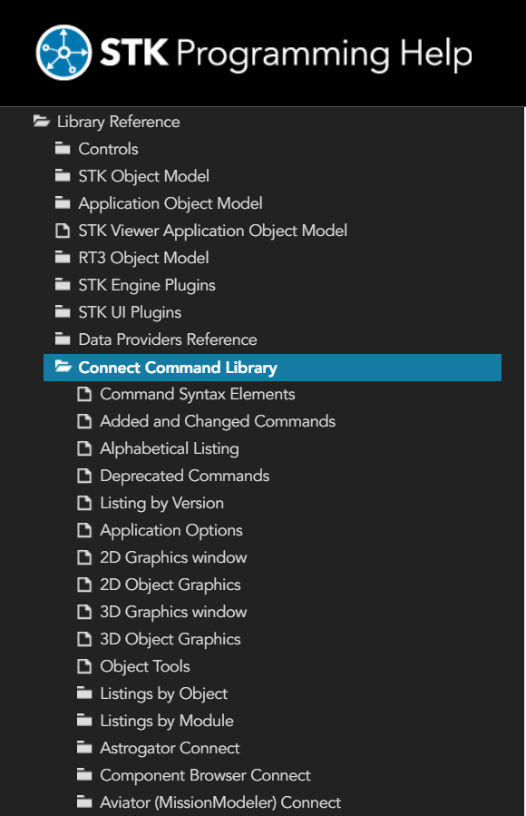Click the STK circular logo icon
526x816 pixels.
pyautogui.click(x=63, y=53)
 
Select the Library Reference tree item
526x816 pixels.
pyautogui.click(x=119, y=122)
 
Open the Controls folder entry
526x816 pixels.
pyautogui.click(x=108, y=149)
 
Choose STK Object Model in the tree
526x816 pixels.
pyautogui.click(x=143, y=176)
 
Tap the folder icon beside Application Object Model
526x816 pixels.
pyautogui.click(x=63, y=202)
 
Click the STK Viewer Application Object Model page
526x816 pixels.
pyautogui.click(x=212, y=231)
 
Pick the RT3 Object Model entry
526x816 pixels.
pyautogui.click(x=143, y=258)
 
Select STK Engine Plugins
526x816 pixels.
pyautogui.click(x=147, y=285)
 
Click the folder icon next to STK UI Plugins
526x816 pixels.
pyautogui.click(x=63, y=311)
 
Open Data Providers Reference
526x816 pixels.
pyautogui.click(x=168, y=339)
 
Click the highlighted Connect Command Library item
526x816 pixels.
pyautogui.click(x=178, y=368)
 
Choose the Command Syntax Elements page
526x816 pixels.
pyautogui.click(x=198, y=394)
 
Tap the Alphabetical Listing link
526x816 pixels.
pyautogui.click(x=170, y=448)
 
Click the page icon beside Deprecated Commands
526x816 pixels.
pyautogui.click(x=84, y=476)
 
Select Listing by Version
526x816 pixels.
pyautogui.click(x=161, y=503)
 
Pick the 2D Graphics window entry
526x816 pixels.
pyautogui.click(x=173, y=557)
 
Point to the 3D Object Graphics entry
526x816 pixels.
pyautogui.click(x=170, y=639)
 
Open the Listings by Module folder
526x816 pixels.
pyautogui.click(x=166, y=721)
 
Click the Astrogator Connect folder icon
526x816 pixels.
pyautogui.click(x=84, y=747)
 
